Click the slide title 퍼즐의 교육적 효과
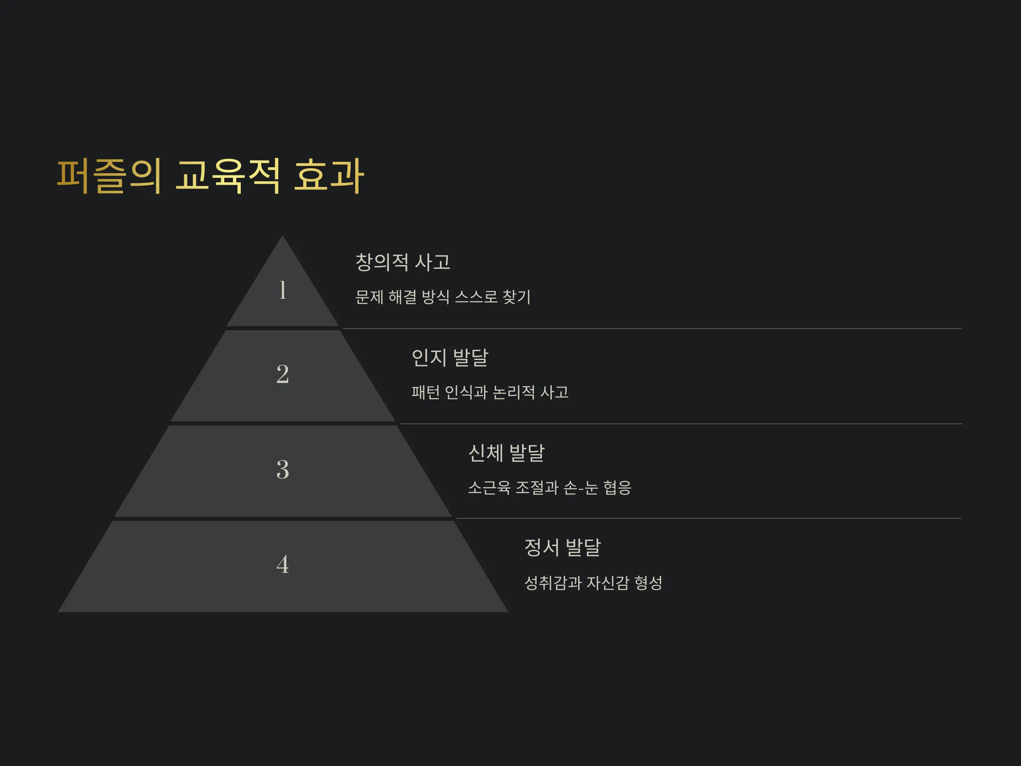[x=211, y=176]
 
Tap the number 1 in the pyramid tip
[x=282, y=290]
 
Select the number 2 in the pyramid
[x=282, y=374]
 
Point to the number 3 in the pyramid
[x=282, y=469]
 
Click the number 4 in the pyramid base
[x=282, y=564]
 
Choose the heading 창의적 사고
[x=402, y=262]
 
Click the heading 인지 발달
[x=450, y=357]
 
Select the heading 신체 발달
[x=506, y=452]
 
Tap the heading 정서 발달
[x=563, y=548]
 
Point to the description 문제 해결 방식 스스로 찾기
[x=443, y=297]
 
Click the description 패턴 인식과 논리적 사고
[x=490, y=392]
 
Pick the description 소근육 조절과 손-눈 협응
[x=550, y=487]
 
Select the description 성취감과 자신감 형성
[x=593, y=583]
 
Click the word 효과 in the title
[x=329, y=176]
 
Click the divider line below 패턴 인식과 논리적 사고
[x=681, y=424]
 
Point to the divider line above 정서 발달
[x=708, y=518]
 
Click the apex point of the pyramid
[x=282, y=236]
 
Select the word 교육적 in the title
[x=228, y=176]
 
